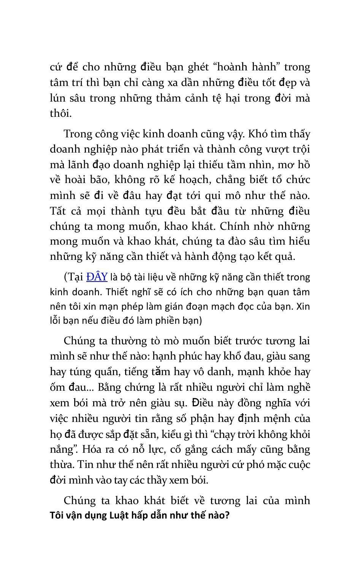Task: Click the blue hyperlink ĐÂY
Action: coord(97,277)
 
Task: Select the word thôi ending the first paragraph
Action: coord(60,113)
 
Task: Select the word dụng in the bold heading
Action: coord(97,516)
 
